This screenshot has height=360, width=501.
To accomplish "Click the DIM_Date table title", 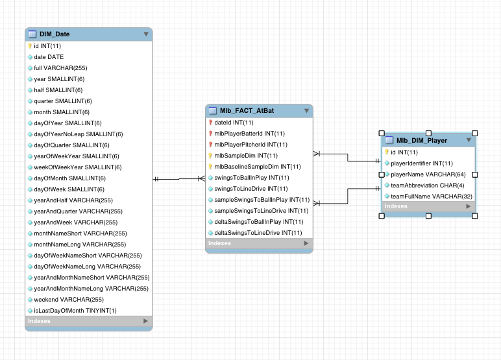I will click(55, 34).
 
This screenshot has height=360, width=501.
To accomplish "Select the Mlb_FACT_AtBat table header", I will click(247, 111).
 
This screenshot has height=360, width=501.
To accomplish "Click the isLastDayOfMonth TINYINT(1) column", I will click(75, 311).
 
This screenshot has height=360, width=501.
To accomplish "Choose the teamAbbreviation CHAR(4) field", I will click(426, 186).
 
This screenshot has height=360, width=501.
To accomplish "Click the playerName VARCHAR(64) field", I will click(428, 174).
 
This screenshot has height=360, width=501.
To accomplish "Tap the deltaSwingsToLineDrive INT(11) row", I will click(258, 233).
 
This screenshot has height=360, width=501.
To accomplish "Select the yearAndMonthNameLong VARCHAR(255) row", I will click(91, 289).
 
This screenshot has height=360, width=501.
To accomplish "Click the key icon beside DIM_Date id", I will click(30, 46).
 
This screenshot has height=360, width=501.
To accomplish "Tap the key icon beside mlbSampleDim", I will click(210, 156).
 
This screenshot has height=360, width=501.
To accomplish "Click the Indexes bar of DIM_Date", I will click(88, 321).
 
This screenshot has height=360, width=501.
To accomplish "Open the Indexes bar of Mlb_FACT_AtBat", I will click(259, 244).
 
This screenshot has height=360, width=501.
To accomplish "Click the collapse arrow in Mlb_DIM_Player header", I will click(469, 140).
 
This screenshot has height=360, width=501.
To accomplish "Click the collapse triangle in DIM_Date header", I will click(145, 34).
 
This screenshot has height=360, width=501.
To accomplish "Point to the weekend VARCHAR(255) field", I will click(69, 300).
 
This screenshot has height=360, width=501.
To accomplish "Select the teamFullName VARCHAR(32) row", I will click(431, 197).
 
